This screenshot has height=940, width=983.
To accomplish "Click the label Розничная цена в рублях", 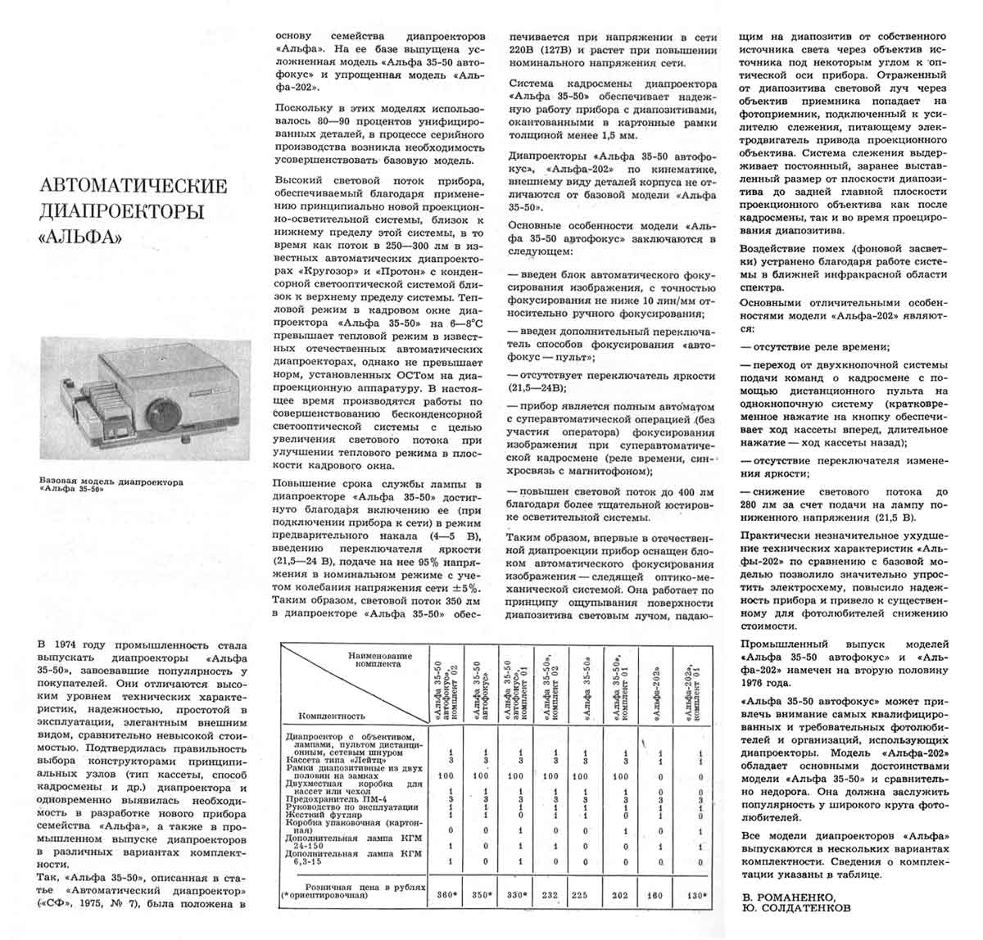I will pyautogui.click(x=365, y=887).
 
